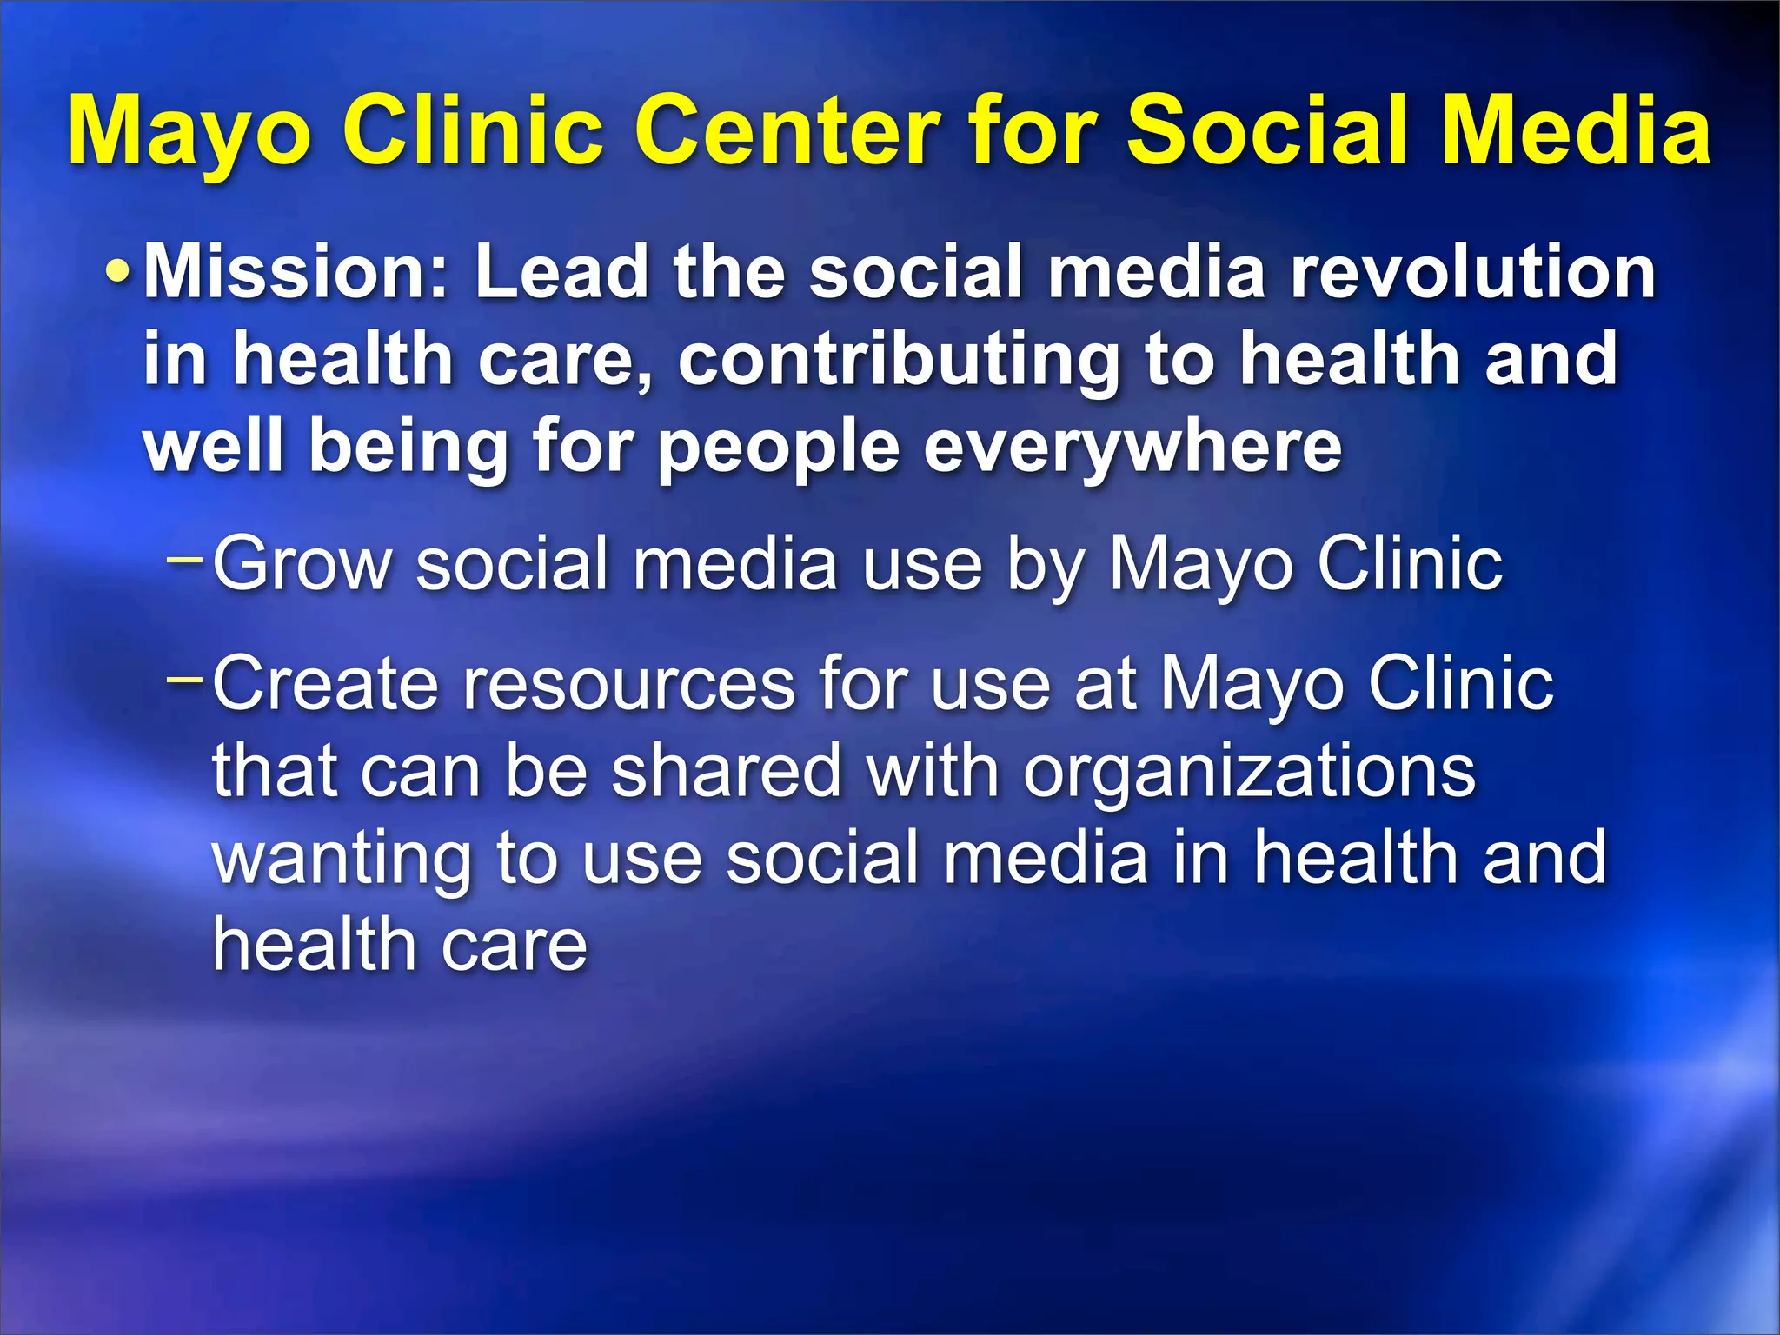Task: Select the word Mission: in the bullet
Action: [296, 272]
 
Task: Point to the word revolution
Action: [1472, 272]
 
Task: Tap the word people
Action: [778, 448]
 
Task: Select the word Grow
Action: [302, 565]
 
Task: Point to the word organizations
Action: [1249, 774]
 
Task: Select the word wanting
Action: [342, 860]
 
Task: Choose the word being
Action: [408, 448]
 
